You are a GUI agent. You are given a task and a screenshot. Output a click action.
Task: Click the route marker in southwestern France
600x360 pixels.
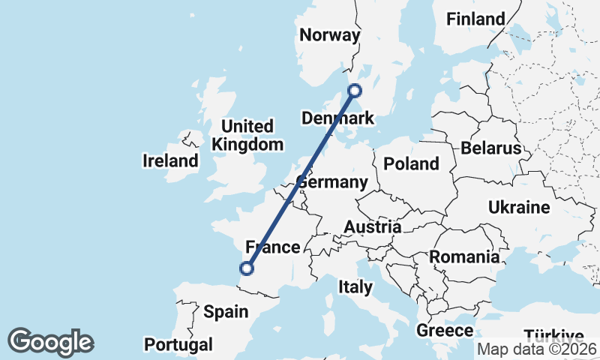tap(246, 268)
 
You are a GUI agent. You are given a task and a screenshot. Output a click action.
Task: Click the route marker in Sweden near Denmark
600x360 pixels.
tap(355, 91)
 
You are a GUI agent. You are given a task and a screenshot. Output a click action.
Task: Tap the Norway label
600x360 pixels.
tap(329, 35)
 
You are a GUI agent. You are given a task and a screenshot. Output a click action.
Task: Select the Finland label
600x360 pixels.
tap(475, 19)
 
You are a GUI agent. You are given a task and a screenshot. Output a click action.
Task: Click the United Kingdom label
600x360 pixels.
tap(247, 135)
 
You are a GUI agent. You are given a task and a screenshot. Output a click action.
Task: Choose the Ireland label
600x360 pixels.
tap(171, 160)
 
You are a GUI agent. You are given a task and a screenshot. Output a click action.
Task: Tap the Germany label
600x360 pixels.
tap(331, 182)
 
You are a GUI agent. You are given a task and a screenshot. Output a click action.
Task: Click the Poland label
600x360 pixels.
tap(410, 163)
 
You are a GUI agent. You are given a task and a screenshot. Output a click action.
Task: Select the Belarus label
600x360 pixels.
tap(490, 148)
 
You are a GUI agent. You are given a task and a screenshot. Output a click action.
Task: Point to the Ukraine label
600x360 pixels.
tap(518, 207)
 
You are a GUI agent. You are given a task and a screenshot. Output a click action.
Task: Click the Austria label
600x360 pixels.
tap(372, 226)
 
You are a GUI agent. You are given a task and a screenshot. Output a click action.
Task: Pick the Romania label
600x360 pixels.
tap(463, 257)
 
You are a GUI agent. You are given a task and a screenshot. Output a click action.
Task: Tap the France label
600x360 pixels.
tap(273, 247)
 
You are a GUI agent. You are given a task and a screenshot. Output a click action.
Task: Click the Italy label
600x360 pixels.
tap(355, 286)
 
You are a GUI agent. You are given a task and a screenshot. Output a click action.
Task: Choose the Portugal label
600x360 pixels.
tap(178, 344)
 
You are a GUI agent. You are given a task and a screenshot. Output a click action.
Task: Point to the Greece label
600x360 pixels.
tap(445, 331)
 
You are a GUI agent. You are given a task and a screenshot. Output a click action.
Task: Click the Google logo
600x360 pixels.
tap(50, 342)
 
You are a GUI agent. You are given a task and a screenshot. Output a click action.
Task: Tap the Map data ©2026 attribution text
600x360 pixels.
tap(536, 349)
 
